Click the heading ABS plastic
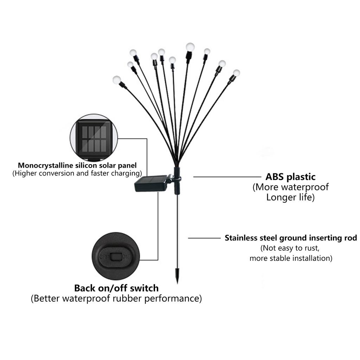290,176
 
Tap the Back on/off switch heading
116,288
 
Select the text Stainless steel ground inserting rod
291,238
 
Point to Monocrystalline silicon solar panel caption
77,165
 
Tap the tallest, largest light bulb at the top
190,46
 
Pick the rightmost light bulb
236,73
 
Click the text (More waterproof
290,187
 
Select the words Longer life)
290,197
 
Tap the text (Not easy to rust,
290,248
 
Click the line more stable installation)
291,258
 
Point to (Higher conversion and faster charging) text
77,173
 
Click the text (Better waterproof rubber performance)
116,299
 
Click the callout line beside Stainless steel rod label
204,238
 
